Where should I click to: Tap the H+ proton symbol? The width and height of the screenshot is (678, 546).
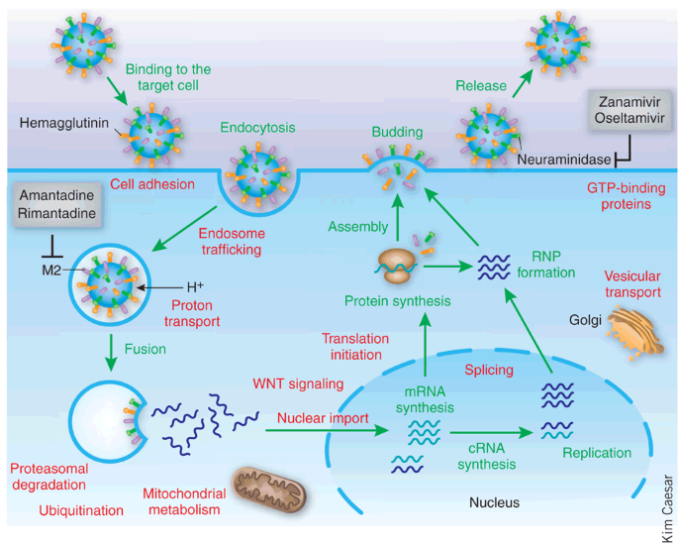pyautogui.click(x=195, y=286)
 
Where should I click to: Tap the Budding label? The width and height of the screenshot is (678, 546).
pyautogui.click(x=396, y=131)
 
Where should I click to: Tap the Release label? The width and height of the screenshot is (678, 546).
pyautogui.click(x=481, y=86)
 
